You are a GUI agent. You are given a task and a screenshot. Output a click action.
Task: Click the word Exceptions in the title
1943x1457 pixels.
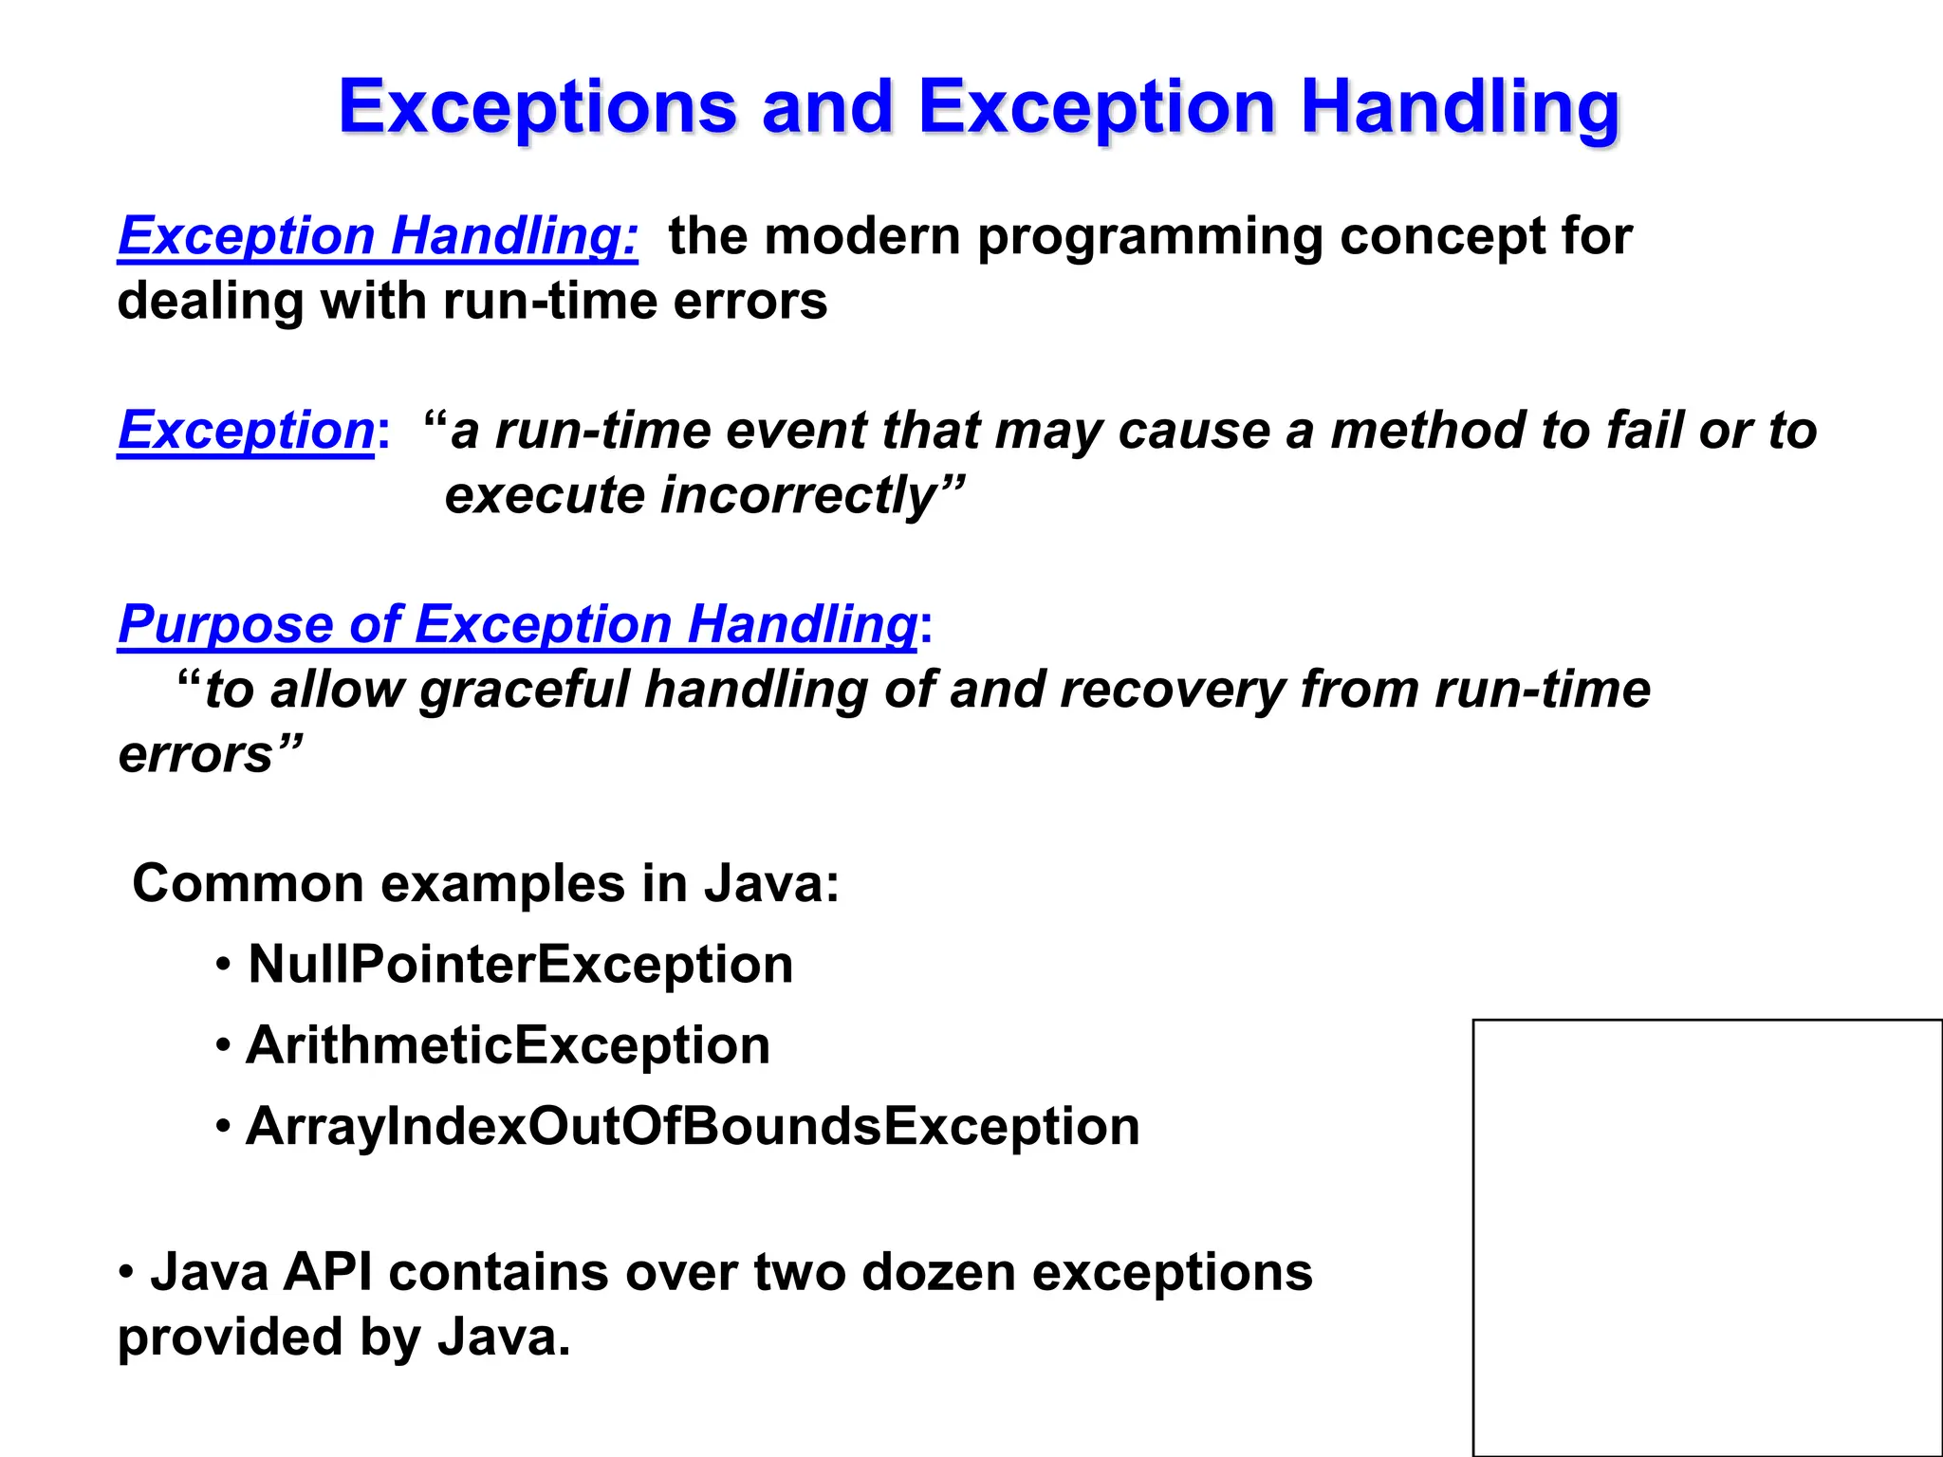click(x=537, y=107)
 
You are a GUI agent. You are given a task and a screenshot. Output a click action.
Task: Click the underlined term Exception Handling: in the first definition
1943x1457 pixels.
click(x=378, y=235)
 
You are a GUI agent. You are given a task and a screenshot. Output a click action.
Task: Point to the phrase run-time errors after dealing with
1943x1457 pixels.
click(x=635, y=301)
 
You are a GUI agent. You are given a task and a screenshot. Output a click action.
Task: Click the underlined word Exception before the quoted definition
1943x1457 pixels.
click(x=246, y=430)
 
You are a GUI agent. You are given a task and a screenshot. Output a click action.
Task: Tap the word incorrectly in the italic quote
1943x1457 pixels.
click(x=799, y=495)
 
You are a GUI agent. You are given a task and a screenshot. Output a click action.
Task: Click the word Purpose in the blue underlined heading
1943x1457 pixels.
click(x=225, y=624)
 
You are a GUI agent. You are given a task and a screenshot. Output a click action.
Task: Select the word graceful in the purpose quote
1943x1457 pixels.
click(x=525, y=689)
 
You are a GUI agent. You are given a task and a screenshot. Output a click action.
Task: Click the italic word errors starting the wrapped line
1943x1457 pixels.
click(x=195, y=754)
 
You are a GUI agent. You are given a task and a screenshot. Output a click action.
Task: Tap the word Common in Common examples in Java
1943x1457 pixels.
click(x=248, y=883)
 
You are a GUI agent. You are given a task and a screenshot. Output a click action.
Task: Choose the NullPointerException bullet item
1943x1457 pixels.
click(x=520, y=965)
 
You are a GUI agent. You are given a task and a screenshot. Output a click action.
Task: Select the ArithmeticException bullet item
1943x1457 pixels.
click(x=508, y=1045)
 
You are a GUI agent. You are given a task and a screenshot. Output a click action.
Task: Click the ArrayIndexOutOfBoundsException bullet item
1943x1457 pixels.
click(x=693, y=1126)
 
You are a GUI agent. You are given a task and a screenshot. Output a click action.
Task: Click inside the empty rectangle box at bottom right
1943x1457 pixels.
click(x=1707, y=1237)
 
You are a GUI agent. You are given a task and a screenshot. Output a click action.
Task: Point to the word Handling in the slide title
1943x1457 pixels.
click(x=1459, y=107)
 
